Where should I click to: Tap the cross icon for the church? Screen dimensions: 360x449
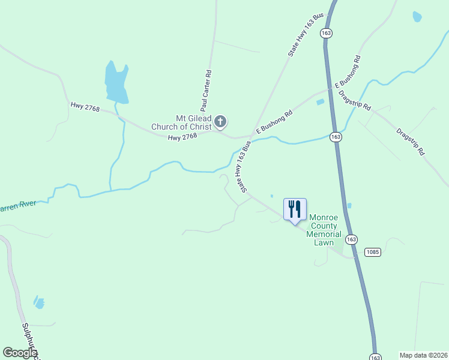[x=220, y=122]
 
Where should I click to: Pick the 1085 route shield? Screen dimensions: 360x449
[x=372, y=252]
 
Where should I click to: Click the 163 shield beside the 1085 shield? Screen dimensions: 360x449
[x=352, y=239]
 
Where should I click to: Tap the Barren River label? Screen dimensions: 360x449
[x=18, y=205]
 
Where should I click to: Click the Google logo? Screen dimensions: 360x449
[x=20, y=353]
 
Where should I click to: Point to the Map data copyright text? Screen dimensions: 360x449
[x=424, y=355]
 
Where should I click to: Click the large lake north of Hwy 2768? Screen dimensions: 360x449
[x=116, y=82]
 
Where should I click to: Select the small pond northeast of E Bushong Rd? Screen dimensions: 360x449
[x=319, y=102]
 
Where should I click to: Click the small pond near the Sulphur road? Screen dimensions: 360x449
[x=39, y=302]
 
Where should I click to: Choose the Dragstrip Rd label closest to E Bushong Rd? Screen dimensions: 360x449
[x=355, y=99]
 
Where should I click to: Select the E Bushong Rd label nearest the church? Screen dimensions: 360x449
[x=274, y=122]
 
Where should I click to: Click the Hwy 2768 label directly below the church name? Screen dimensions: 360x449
[x=182, y=137]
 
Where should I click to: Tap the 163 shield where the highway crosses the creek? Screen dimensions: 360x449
[x=336, y=137]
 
